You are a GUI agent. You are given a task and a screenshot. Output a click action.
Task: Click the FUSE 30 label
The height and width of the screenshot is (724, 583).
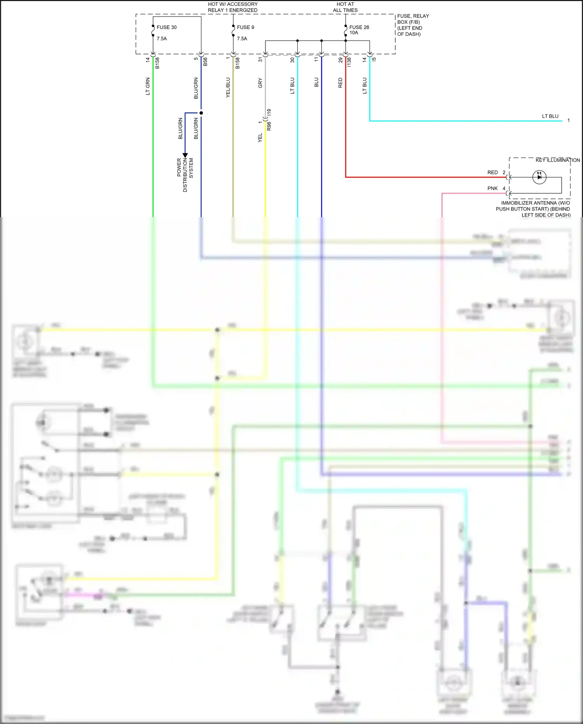[x=166, y=27]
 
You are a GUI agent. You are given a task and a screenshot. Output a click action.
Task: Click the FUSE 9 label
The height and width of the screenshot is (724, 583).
[x=245, y=27]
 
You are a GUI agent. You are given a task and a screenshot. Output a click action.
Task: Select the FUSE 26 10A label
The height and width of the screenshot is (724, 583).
[x=359, y=30]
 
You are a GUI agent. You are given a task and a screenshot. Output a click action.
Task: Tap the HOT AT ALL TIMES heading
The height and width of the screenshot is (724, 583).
[x=345, y=7]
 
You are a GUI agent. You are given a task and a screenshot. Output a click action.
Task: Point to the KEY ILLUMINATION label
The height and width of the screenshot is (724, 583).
[x=557, y=160]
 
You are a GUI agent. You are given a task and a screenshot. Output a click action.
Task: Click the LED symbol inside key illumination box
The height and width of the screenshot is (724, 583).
[x=539, y=177]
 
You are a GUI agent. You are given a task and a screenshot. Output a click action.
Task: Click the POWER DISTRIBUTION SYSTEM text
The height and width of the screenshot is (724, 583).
[x=185, y=175]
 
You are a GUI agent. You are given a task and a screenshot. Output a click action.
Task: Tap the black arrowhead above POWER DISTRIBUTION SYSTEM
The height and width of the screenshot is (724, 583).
[x=185, y=155]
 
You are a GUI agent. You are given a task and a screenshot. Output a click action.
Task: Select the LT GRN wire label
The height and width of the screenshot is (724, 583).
[x=148, y=86]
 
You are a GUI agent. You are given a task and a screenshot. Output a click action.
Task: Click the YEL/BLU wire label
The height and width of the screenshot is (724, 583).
[x=228, y=88]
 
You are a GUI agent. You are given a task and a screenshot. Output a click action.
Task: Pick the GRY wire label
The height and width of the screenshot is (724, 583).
[x=260, y=83]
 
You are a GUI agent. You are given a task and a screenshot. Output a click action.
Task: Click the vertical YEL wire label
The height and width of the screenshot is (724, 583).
[x=260, y=138]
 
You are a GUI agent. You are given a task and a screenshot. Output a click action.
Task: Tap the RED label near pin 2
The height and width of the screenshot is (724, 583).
[x=492, y=172]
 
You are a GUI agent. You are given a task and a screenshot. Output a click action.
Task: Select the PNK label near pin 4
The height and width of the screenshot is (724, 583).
[x=492, y=188]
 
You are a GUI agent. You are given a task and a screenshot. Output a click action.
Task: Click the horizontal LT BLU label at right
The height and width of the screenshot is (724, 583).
[x=550, y=116]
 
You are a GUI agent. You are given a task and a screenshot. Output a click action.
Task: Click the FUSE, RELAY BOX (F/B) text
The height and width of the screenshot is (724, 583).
[x=413, y=25]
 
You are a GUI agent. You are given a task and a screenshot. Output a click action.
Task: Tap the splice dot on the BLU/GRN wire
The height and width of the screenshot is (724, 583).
[x=201, y=113]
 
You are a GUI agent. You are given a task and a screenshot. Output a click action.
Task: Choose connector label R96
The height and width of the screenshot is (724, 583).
[x=269, y=126]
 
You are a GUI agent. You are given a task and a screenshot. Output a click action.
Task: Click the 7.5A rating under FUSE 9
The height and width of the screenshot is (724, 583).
[x=242, y=39]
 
